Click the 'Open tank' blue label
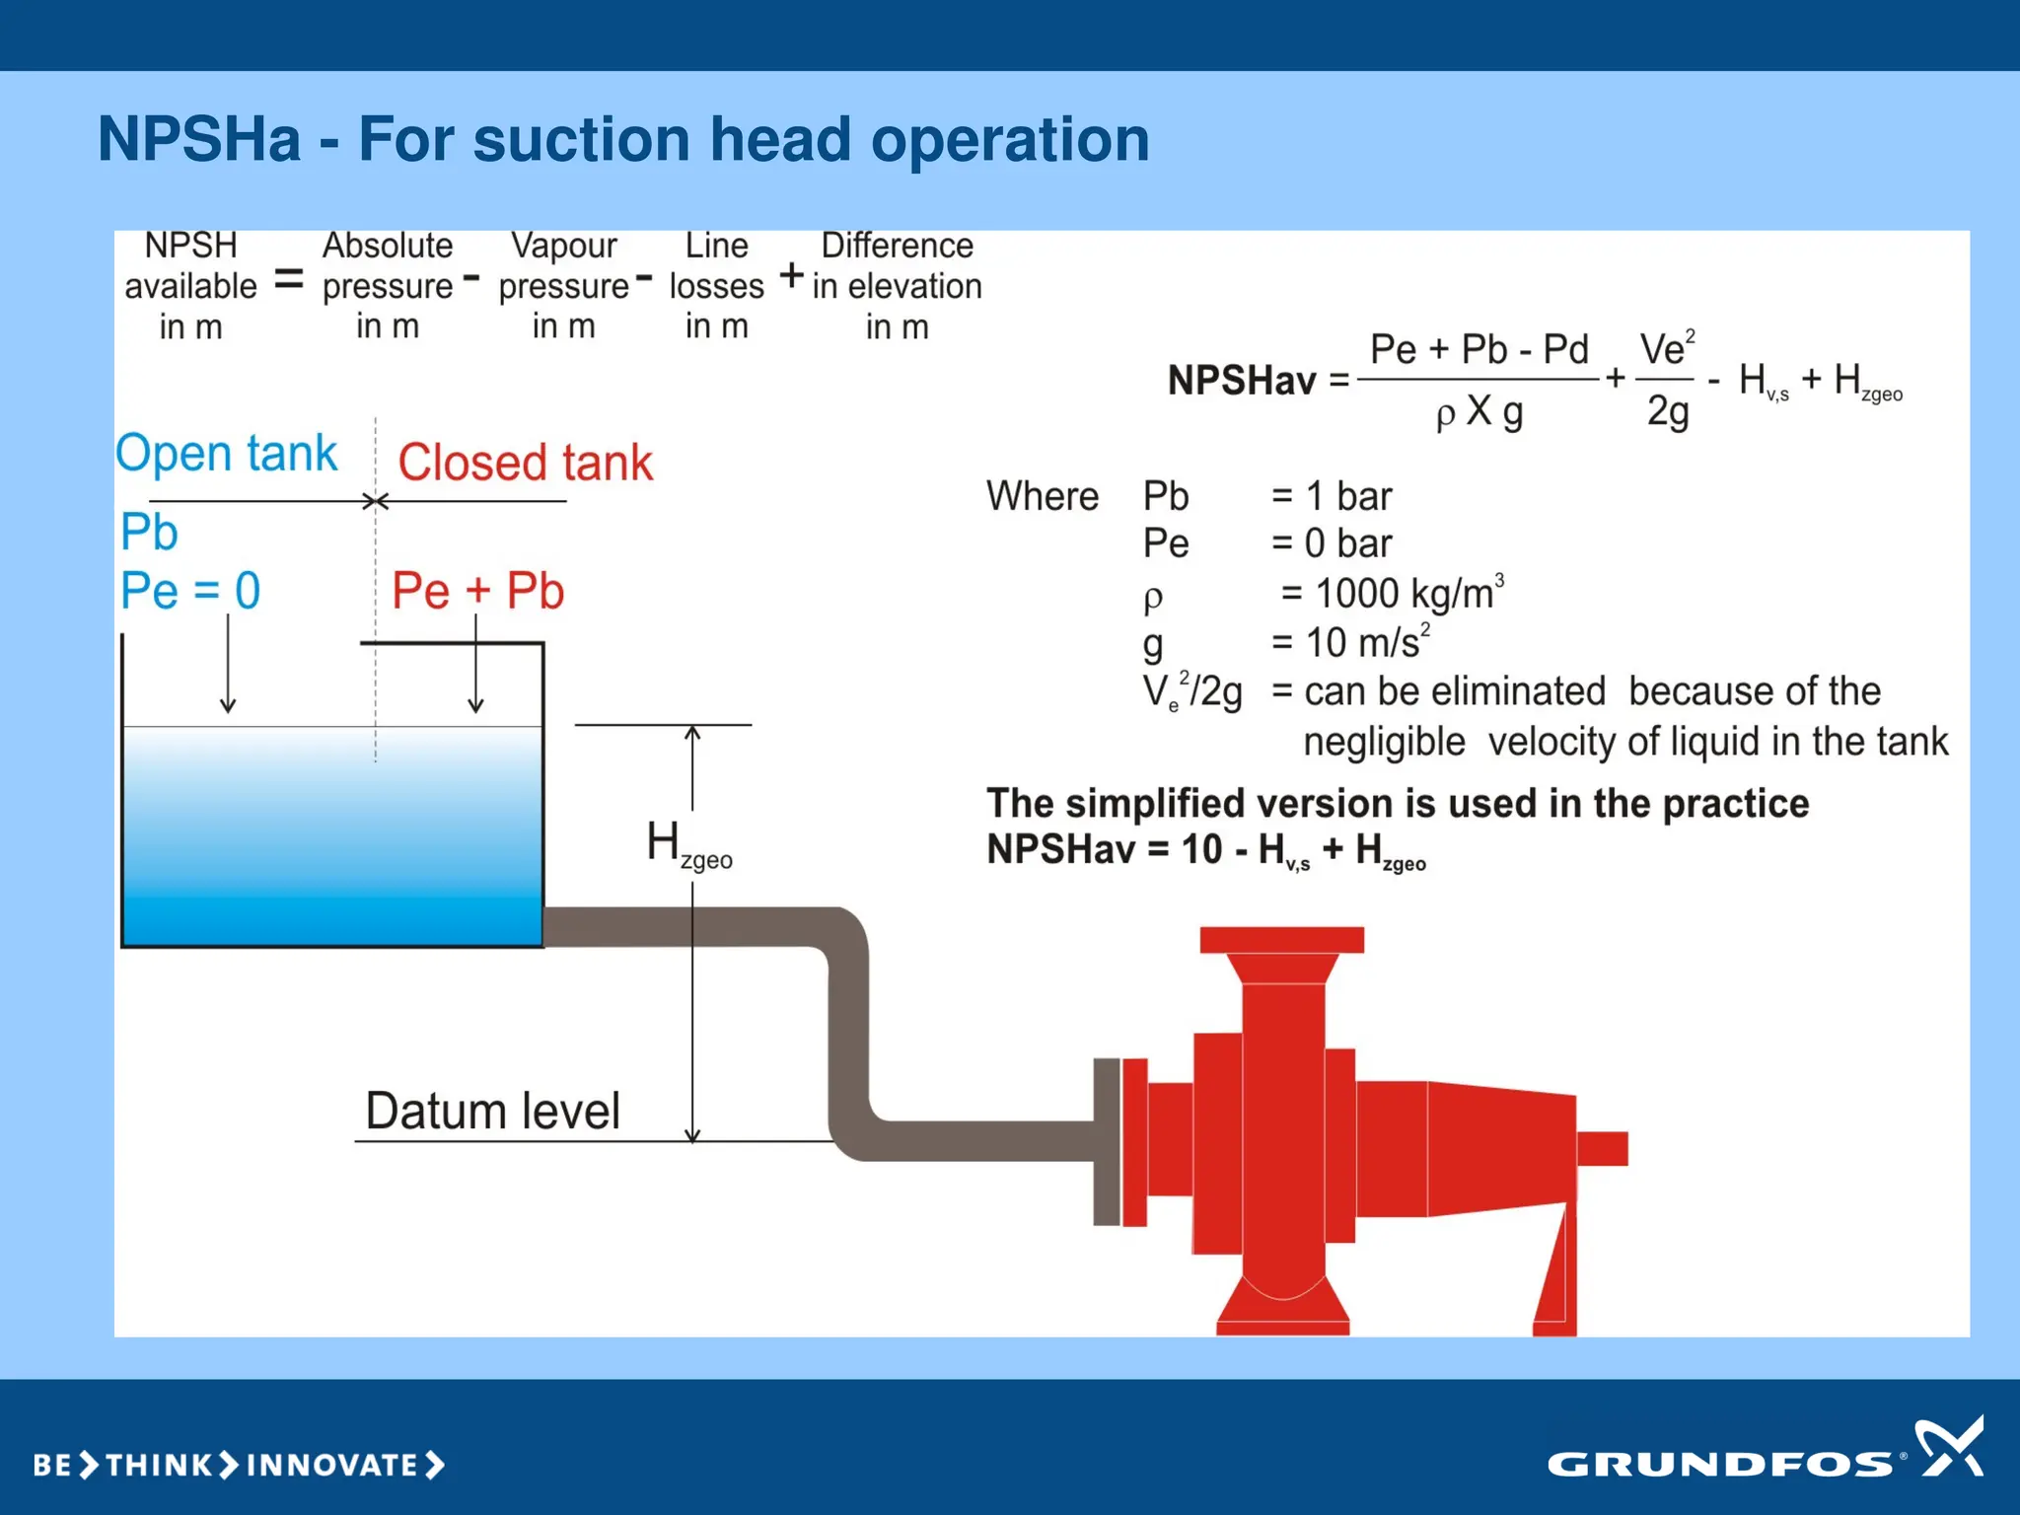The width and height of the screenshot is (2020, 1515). pyautogui.click(x=226, y=454)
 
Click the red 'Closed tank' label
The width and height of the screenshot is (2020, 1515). pyautogui.click(x=525, y=463)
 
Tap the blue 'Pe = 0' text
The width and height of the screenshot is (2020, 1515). pyautogui.click(x=190, y=591)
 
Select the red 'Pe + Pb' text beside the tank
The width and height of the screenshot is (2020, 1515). pyautogui.click(x=477, y=591)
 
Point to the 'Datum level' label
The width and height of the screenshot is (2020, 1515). pyautogui.click(x=492, y=1112)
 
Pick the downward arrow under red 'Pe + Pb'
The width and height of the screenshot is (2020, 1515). pyautogui.click(x=475, y=671)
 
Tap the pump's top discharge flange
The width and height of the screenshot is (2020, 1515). pyautogui.click(x=1281, y=939)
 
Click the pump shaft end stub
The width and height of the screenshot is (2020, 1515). pyautogui.click(x=1602, y=1148)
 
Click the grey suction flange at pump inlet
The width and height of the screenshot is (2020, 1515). pyautogui.click(x=1106, y=1141)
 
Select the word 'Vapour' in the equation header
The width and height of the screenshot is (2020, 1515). pyautogui.click(x=563, y=246)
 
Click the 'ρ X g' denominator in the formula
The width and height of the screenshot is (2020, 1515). pyautogui.click(x=1479, y=411)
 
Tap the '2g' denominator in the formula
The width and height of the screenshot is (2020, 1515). pyautogui.click(x=1667, y=410)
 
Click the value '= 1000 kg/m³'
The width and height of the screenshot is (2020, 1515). pyautogui.click(x=1391, y=594)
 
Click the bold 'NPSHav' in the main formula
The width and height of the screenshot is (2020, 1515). pyautogui.click(x=1241, y=381)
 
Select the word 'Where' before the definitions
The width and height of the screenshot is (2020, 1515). pyautogui.click(x=1042, y=496)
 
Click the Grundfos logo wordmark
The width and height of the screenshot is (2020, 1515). pyautogui.click(x=1719, y=1464)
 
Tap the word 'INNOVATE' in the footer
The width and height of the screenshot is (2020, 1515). pyautogui.click(x=332, y=1465)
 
